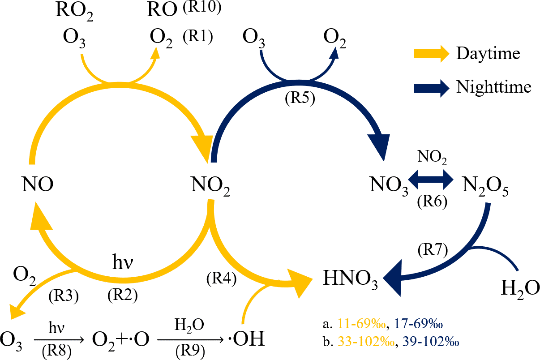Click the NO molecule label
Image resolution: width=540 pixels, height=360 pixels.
coord(37,184)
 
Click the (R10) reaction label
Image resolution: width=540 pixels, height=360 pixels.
coord(202,9)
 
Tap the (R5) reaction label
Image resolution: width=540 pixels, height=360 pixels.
coord(300,99)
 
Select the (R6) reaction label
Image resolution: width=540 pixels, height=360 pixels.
coord(432,201)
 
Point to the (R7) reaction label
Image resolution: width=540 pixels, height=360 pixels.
coord(432,249)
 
